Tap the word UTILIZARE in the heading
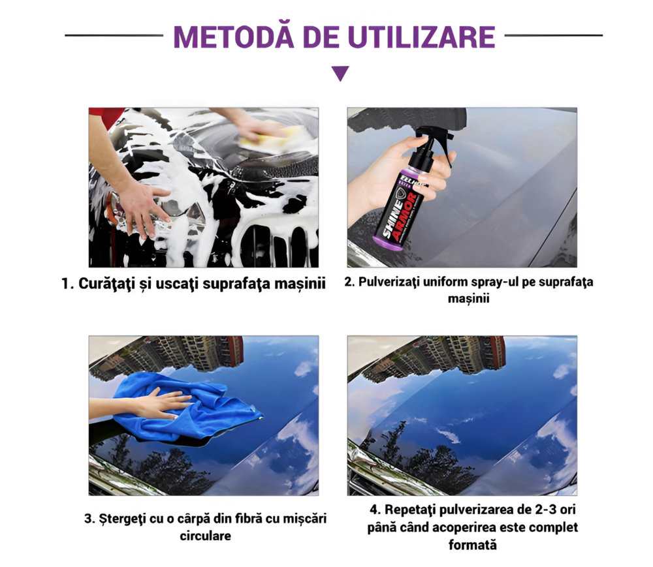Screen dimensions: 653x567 coord(421,37)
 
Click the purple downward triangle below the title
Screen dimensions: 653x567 coord(340,73)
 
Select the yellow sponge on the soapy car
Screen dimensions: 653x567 coord(263,137)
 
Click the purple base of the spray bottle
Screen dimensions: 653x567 coord(388,243)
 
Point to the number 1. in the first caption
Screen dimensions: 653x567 coord(67,284)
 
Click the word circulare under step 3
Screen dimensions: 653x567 coord(205,536)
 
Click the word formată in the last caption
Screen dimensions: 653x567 coord(473,545)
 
